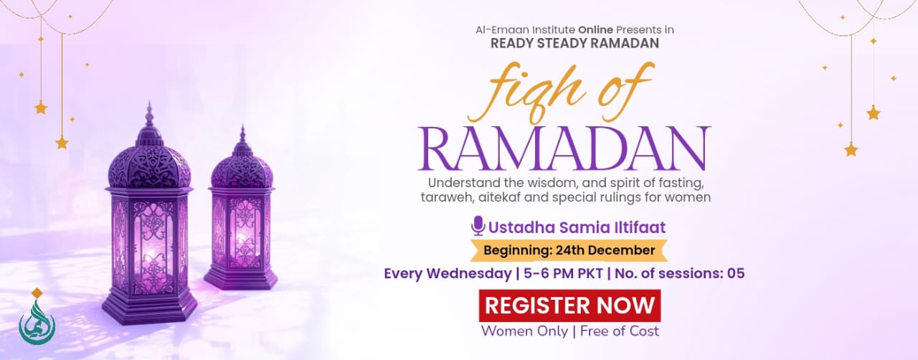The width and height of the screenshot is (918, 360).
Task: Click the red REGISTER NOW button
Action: pos(569,305)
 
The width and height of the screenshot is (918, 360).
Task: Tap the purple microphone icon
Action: pos(478,226)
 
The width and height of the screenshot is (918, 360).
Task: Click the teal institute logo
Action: pos(37,317)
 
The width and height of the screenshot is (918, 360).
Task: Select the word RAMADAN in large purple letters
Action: pos(564,148)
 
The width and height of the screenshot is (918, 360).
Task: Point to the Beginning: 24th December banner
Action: pos(569,250)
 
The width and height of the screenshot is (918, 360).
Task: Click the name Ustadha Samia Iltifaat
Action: pos(577,227)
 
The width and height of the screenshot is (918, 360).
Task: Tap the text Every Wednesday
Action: pos(448,273)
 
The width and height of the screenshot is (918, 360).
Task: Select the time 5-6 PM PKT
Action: pos(563,273)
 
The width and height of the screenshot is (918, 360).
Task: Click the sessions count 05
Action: pos(736,273)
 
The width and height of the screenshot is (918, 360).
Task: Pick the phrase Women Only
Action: pos(524,331)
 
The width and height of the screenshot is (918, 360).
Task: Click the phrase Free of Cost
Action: pos(620,331)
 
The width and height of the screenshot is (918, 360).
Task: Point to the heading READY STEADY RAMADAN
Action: pos(574,43)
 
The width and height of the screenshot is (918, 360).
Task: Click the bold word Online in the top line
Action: pos(595,29)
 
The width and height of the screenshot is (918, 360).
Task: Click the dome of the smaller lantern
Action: pos(242,168)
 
